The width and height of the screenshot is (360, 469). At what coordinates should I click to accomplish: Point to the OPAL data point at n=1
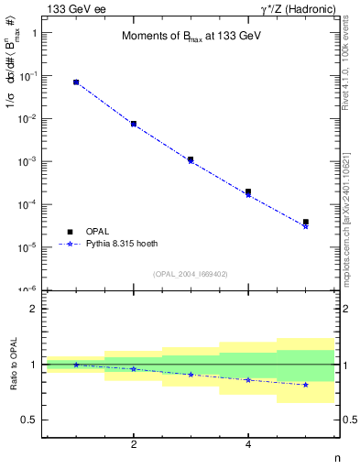click(x=76, y=82)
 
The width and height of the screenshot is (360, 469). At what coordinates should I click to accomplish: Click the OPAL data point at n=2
click(x=134, y=124)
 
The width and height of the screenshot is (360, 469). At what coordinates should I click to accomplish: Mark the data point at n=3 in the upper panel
click(x=191, y=159)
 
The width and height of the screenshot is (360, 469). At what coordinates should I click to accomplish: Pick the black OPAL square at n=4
click(x=248, y=191)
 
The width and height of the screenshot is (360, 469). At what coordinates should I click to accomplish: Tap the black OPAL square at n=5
click(x=305, y=222)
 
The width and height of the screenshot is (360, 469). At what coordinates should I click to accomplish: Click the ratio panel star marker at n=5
click(x=305, y=385)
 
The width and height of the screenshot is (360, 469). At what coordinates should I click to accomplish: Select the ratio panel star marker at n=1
click(x=76, y=365)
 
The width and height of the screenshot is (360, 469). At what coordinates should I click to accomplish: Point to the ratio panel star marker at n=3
click(x=191, y=374)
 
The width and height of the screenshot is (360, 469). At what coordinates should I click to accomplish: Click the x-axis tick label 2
click(x=134, y=444)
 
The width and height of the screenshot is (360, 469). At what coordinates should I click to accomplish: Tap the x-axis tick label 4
click(x=248, y=444)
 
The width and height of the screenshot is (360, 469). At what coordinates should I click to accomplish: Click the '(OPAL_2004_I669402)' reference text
click(x=190, y=273)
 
